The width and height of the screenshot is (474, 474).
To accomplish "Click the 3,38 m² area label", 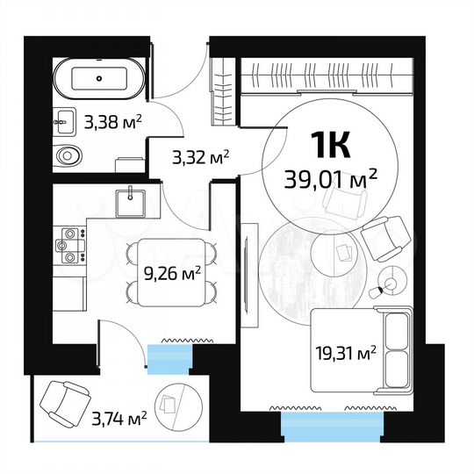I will pyautogui.click(x=113, y=122).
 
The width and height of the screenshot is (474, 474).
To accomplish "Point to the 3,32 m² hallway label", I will pyautogui.click(x=199, y=158).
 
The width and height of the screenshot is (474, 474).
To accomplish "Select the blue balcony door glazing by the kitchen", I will pyautogui.click(x=168, y=357).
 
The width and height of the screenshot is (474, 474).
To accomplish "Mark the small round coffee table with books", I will pyautogui.click(x=344, y=255).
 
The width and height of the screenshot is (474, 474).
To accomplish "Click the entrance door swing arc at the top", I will pyautogui.click(x=184, y=79).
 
